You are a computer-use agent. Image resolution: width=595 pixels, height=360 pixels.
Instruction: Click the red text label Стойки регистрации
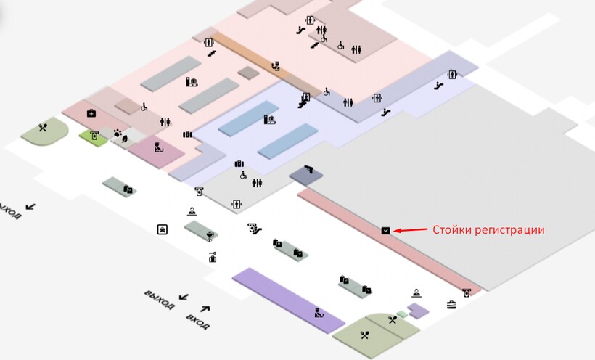[488, 229]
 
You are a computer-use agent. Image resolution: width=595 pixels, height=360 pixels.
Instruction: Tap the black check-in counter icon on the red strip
[385, 230]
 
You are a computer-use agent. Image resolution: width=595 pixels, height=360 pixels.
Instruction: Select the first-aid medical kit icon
[91, 112]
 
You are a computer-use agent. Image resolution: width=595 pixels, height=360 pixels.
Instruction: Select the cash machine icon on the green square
[94, 135]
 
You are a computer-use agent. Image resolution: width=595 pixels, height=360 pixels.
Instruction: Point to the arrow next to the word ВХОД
[205, 308]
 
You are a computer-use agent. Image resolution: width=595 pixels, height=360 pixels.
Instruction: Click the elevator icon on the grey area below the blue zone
[236, 205]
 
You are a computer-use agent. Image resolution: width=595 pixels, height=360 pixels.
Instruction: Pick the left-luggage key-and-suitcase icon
[213, 256]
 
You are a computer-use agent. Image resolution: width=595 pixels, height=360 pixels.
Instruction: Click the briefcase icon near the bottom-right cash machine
[451, 303]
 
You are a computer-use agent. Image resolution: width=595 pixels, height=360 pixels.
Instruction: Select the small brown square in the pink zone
[248, 73]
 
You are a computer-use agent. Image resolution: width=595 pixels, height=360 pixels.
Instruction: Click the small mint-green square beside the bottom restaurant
[401, 314]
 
